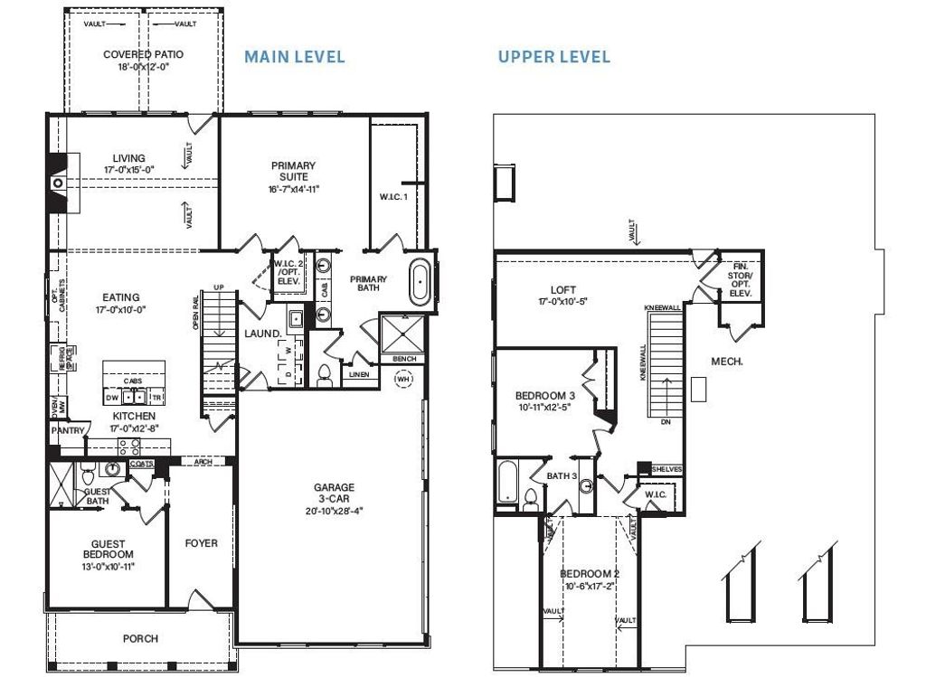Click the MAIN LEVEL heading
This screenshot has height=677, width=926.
point(295,57)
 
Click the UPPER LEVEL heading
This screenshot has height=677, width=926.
point(553,57)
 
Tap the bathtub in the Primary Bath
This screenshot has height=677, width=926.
point(421,284)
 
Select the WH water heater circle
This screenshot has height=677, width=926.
point(403,380)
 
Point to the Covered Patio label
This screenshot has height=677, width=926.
point(143,54)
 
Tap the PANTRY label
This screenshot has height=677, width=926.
point(67,431)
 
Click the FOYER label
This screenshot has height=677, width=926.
point(201,543)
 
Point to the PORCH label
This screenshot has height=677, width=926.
point(140,638)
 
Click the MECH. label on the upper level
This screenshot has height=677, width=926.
point(726,361)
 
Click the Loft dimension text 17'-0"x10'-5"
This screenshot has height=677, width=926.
point(563,302)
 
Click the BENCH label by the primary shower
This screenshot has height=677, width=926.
point(403,359)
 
